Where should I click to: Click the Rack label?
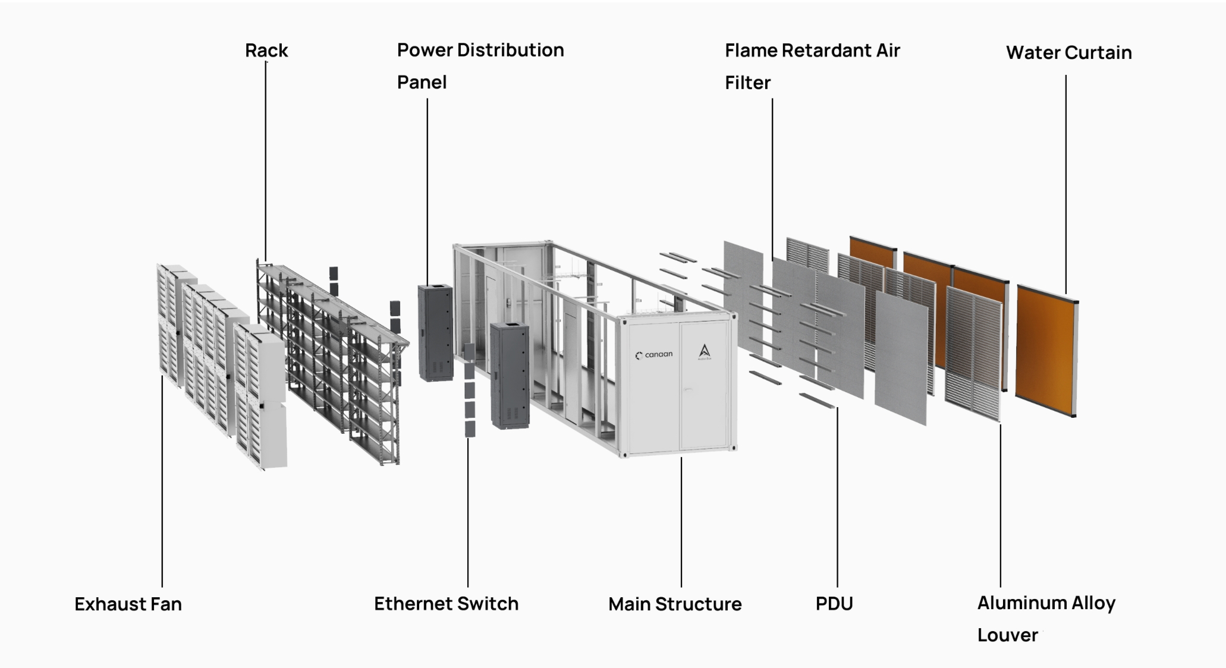click(266, 51)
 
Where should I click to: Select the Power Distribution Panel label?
click(480, 65)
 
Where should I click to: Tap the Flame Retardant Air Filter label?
click(812, 66)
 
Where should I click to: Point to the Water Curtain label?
click(1068, 53)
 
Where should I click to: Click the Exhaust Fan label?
click(128, 604)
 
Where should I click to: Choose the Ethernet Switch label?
click(446, 604)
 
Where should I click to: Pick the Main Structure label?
click(675, 604)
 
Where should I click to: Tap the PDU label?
click(834, 604)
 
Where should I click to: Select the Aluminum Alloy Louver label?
click(1046, 619)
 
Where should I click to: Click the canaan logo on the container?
click(654, 355)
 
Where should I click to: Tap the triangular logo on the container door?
click(705, 352)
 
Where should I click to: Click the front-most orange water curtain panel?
click(1046, 351)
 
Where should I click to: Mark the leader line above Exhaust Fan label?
click(162, 481)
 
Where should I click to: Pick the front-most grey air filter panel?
click(901, 357)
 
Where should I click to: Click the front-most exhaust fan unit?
click(262, 398)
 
